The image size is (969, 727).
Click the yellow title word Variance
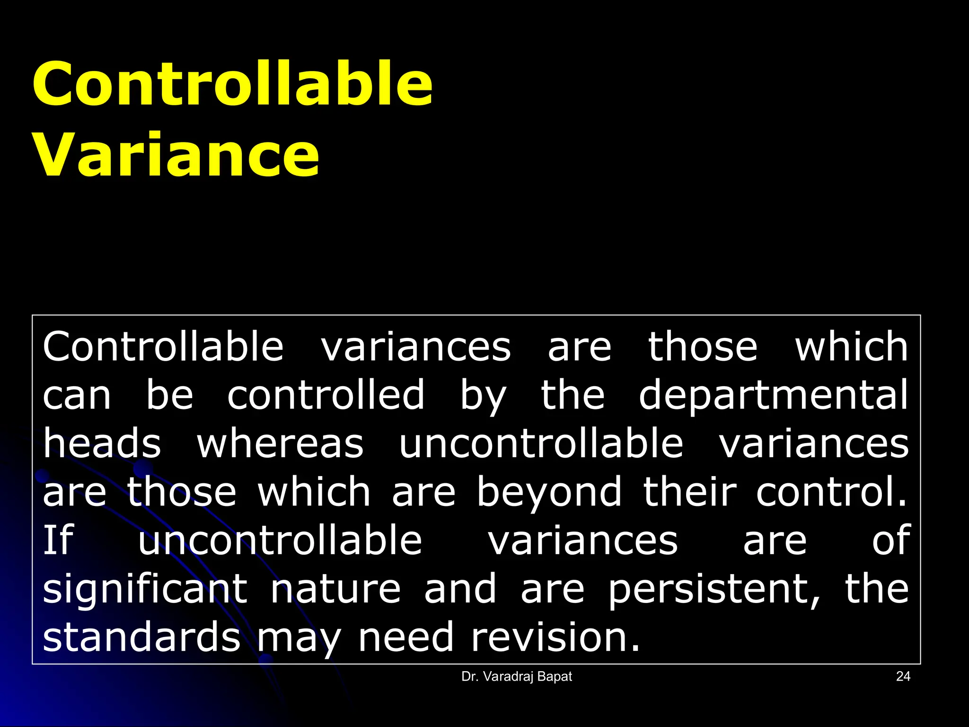tap(176, 155)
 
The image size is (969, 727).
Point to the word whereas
tap(280, 444)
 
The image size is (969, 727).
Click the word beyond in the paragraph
tap(549, 492)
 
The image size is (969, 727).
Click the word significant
tap(145, 589)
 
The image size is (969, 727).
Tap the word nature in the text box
tap(335, 589)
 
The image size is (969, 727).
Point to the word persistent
tap(714, 589)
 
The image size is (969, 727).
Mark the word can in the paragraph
tap(77, 396)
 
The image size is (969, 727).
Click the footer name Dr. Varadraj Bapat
tap(517, 676)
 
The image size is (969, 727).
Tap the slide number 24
tap(903, 676)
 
